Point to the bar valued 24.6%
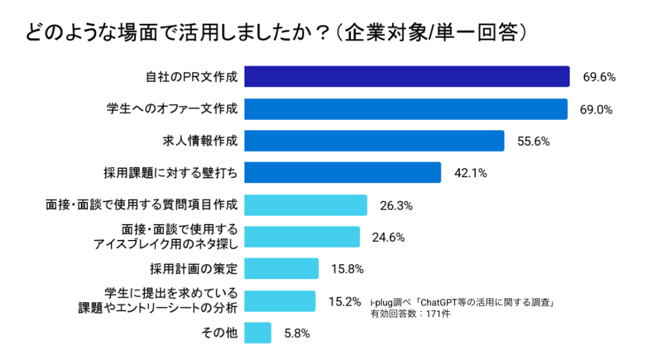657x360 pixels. click(302, 237)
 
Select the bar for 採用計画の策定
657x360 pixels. click(282, 268)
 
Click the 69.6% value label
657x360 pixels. click(599, 77)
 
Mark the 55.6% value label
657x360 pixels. click(533, 142)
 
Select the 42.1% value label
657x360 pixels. click(470, 173)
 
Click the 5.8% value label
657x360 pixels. click(297, 333)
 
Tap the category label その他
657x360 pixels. click(220, 332)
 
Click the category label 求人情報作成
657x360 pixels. click(199, 141)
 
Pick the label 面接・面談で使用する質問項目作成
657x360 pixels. click(142, 205)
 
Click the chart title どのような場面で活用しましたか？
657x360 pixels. click(276, 31)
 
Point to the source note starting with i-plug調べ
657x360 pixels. click(462, 302)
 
